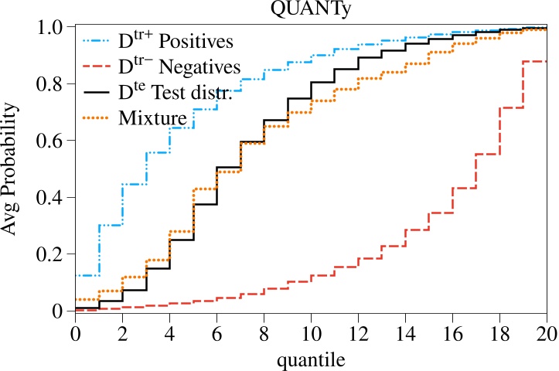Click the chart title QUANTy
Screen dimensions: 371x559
(x=311, y=10)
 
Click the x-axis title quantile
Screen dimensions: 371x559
(x=310, y=359)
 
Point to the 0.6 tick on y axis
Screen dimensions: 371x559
(x=53, y=141)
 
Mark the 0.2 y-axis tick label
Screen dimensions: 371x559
(x=53, y=254)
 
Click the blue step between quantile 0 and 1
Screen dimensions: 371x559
(x=87, y=275)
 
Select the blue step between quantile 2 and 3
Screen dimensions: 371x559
(x=134, y=184)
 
